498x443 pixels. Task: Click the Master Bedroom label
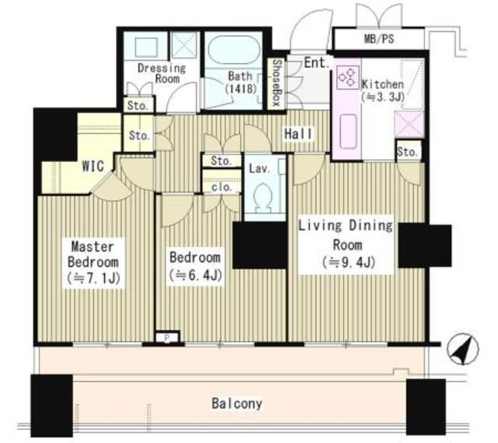click(x=93, y=255)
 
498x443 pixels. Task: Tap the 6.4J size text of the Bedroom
click(x=195, y=275)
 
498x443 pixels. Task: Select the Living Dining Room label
click(x=345, y=235)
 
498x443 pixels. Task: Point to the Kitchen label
click(x=383, y=84)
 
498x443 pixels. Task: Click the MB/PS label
click(x=379, y=39)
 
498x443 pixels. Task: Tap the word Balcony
click(x=237, y=403)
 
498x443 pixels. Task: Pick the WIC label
click(x=93, y=166)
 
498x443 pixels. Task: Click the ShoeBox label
click(x=277, y=83)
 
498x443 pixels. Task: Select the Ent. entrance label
click(x=317, y=62)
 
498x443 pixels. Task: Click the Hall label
click(x=298, y=134)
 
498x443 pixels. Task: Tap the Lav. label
click(x=259, y=168)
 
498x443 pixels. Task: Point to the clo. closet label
click(x=221, y=187)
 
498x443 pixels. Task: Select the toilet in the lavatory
click(x=265, y=197)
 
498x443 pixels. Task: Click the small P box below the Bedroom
click(x=167, y=338)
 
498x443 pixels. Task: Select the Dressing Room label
click(x=162, y=73)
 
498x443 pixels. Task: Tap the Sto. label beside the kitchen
click(x=408, y=152)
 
